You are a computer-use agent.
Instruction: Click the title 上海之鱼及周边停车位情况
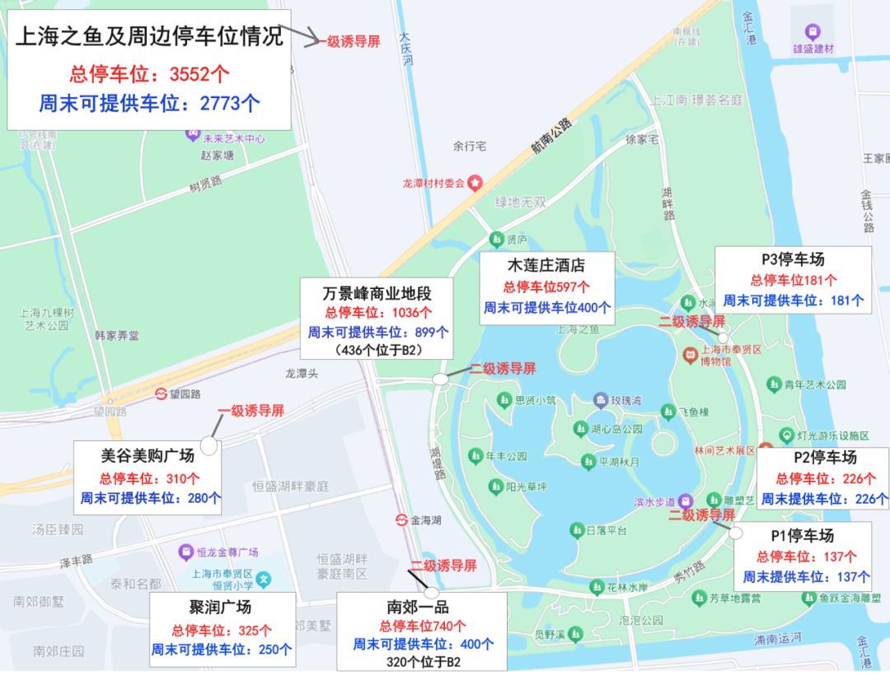point(149,36)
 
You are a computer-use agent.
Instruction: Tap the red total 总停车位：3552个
point(149,74)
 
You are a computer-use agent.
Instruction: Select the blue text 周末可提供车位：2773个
point(149,103)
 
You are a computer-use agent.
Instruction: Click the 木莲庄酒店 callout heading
point(546,265)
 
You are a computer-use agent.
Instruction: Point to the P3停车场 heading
point(792,259)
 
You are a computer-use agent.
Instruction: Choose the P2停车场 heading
point(825,458)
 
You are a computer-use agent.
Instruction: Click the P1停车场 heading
point(802,535)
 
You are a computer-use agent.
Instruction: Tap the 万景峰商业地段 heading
point(377,293)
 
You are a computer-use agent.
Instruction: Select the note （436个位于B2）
point(377,350)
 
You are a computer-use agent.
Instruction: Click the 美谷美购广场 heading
point(148,455)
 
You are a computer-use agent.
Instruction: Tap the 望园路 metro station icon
point(162,394)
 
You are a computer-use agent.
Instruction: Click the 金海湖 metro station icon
point(400,519)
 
